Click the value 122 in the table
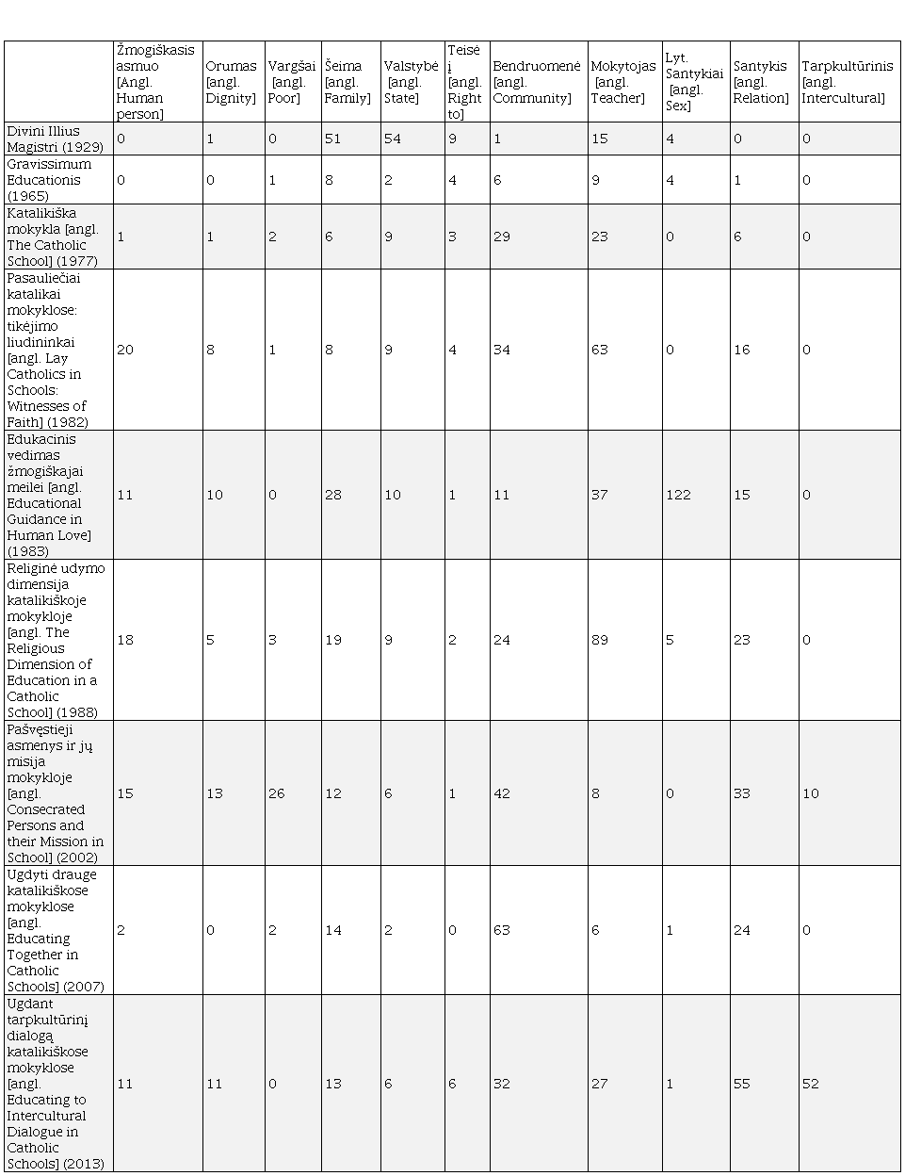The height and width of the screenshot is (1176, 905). tap(678, 495)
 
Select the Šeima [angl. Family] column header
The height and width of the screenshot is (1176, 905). tap(347, 82)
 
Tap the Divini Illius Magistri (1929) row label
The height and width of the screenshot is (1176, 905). tap(56, 139)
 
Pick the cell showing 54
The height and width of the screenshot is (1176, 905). tap(393, 139)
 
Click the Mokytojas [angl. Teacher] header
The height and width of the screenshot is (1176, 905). tap(623, 82)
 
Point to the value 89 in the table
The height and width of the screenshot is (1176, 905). tap(600, 640)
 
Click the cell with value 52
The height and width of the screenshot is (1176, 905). tap(811, 1084)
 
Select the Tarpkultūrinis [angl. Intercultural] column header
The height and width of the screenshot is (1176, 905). tap(847, 82)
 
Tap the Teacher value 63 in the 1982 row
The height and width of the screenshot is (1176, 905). tap(600, 350)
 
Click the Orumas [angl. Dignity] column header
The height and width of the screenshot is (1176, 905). tap(232, 82)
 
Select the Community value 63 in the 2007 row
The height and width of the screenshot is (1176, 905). tap(502, 930)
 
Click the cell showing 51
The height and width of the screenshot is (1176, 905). tap(332, 139)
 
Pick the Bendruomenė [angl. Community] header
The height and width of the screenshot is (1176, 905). tap(537, 82)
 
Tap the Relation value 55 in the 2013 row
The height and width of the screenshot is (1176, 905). tap(742, 1084)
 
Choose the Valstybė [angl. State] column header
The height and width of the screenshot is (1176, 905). tap(412, 82)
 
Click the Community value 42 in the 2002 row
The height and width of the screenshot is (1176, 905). tap(502, 793)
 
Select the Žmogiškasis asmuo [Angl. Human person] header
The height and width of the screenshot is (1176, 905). tap(155, 82)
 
